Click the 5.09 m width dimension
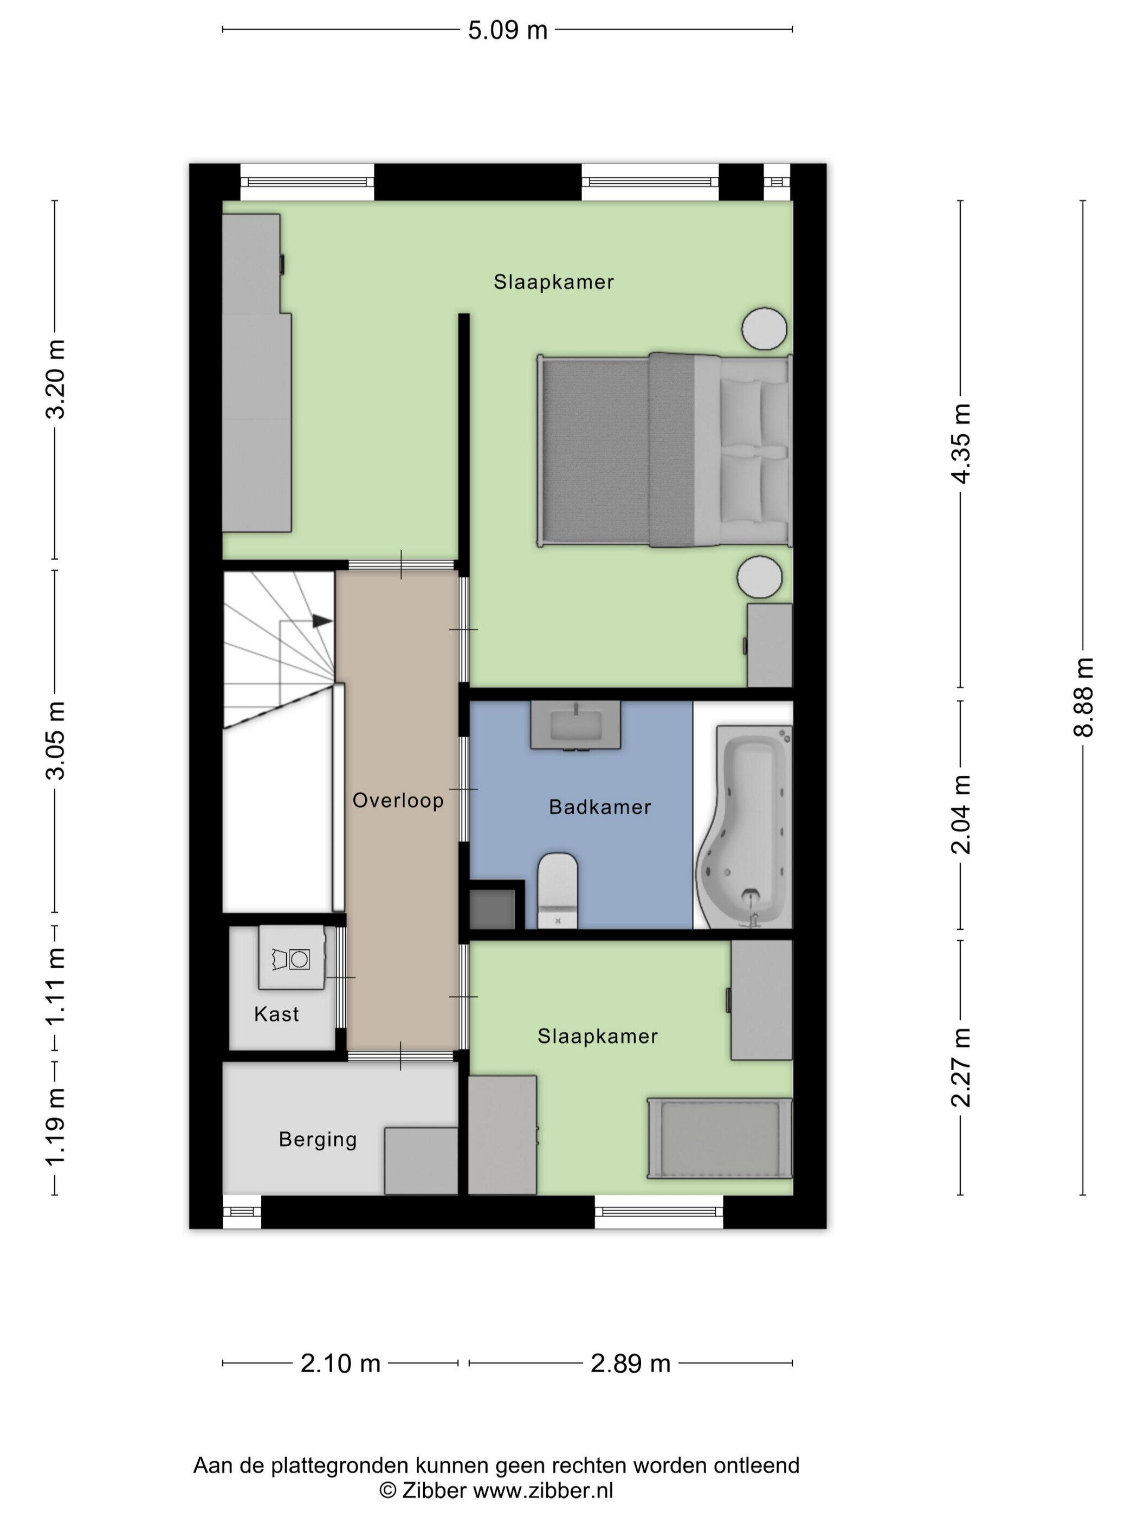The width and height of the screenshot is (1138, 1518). [x=508, y=30]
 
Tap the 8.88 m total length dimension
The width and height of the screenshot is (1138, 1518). [x=1083, y=697]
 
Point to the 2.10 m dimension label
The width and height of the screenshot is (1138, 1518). [x=340, y=1363]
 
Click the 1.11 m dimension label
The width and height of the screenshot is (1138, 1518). [x=56, y=986]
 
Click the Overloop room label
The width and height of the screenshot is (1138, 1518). [x=398, y=800]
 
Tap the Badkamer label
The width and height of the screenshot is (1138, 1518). [x=599, y=807]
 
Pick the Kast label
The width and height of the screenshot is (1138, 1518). [x=276, y=1014]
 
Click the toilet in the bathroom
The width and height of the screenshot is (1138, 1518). [x=558, y=891]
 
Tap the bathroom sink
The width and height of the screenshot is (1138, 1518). [x=576, y=725]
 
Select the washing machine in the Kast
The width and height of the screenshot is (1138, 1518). [x=292, y=957]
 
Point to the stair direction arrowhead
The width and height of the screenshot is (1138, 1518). [x=322, y=621]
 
